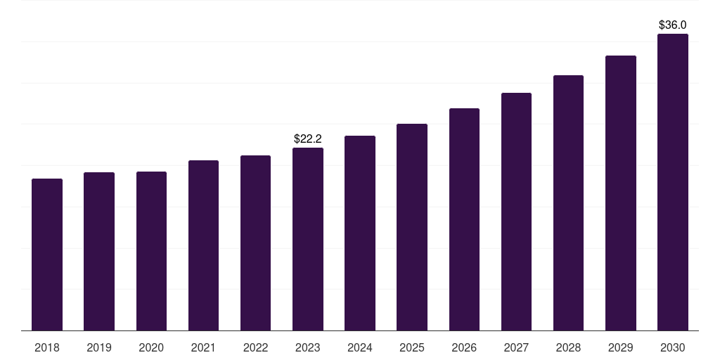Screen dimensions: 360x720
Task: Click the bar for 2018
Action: click(x=47, y=255)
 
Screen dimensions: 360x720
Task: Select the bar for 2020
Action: click(x=151, y=251)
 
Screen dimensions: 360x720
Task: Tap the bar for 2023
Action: click(x=308, y=239)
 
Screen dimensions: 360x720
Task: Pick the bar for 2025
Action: click(x=412, y=227)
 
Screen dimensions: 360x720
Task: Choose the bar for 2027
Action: click(x=516, y=212)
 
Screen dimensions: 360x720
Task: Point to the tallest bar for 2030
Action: click(x=673, y=182)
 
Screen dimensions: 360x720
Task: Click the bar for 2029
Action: click(x=621, y=193)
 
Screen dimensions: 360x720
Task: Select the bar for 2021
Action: click(x=203, y=245)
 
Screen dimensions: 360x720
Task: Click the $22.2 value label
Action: click(x=308, y=139)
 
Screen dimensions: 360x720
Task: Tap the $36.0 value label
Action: click(x=673, y=25)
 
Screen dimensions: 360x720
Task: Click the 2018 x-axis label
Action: click(x=47, y=347)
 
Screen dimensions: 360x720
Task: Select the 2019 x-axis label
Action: click(x=99, y=347)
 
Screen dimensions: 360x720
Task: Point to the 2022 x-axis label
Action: click(x=255, y=347)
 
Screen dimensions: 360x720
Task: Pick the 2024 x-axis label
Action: click(x=360, y=347)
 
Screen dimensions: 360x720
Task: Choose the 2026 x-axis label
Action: click(x=464, y=347)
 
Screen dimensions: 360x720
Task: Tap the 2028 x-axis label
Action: click(x=568, y=347)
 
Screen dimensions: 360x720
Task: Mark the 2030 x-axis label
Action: click(x=673, y=347)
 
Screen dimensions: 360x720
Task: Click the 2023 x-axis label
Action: click(x=308, y=347)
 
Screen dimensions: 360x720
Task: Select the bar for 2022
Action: click(x=255, y=243)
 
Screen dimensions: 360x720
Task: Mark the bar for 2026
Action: click(x=464, y=219)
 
